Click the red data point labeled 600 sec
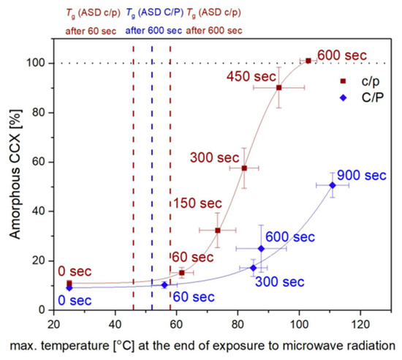[308, 60]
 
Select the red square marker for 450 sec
[278, 88]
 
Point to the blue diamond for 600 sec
[261, 249]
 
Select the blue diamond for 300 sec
[254, 268]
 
